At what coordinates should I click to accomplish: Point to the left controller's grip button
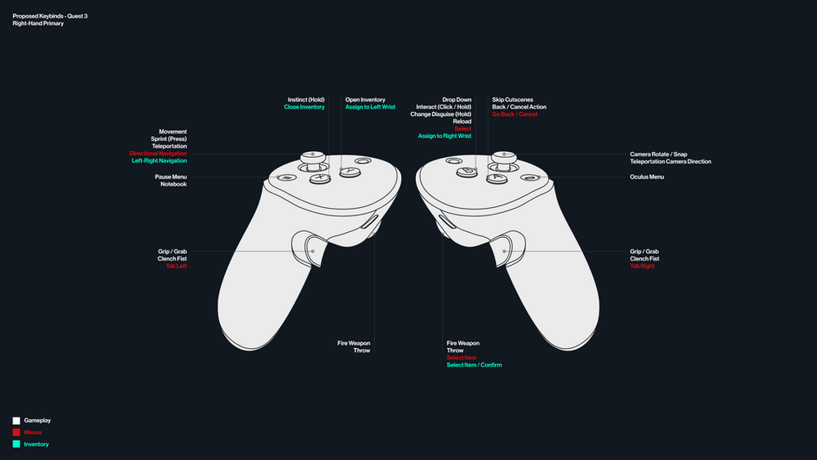point(311,247)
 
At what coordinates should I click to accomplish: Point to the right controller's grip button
point(506,247)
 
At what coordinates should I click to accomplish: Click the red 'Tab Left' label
point(176,265)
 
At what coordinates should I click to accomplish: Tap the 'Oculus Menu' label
point(647,177)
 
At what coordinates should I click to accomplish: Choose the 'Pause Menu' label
point(170,177)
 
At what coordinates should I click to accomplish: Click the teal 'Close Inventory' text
point(304,107)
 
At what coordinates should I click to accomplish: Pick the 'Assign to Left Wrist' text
point(370,107)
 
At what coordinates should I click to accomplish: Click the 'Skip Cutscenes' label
point(513,99)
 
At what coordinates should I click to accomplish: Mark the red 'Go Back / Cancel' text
point(514,114)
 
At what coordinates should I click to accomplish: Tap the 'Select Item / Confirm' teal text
point(474,365)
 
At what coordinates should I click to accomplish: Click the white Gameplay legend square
point(16,421)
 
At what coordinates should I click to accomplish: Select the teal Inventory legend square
point(16,444)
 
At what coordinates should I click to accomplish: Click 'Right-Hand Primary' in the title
point(38,23)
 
